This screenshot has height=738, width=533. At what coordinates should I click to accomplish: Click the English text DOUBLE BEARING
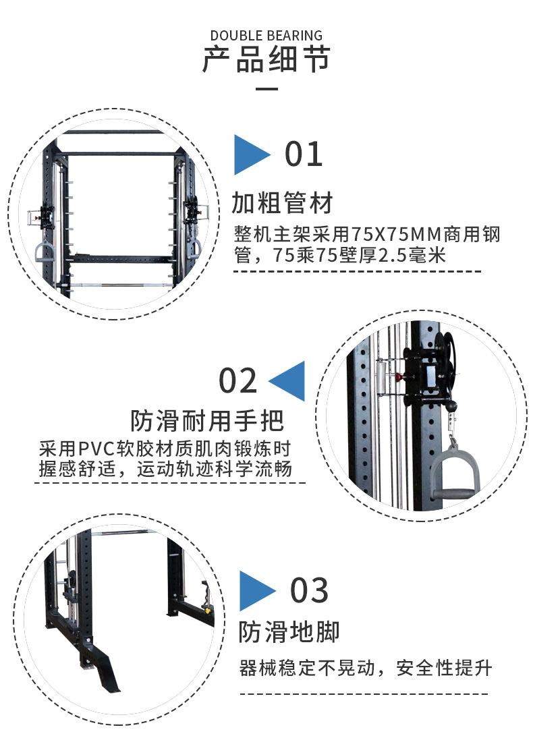click(x=266, y=36)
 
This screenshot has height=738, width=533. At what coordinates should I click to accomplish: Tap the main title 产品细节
click(x=266, y=59)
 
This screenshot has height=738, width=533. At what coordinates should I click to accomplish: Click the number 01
click(x=304, y=154)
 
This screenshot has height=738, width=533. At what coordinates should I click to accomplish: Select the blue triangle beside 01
click(x=252, y=154)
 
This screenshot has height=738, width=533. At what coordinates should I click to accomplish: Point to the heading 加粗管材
click(x=282, y=203)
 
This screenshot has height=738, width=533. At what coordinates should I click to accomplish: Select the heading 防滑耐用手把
click(x=207, y=420)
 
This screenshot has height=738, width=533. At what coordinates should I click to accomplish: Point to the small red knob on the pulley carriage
click(x=398, y=376)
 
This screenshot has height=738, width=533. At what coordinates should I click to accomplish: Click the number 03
click(x=309, y=590)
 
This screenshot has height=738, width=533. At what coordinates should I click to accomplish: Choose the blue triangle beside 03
click(x=257, y=591)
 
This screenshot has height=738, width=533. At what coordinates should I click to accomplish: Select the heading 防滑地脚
click(x=289, y=631)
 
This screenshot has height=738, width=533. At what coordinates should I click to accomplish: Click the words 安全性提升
click(x=444, y=668)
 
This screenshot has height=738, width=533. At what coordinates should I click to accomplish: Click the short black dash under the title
click(x=266, y=88)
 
